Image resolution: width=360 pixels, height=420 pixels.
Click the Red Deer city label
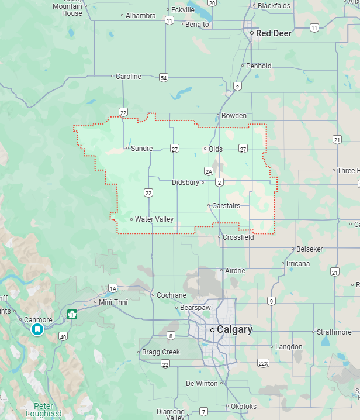[274, 33]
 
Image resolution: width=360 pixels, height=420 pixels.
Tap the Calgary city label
[234, 330]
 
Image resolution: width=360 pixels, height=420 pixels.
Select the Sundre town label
[141, 149]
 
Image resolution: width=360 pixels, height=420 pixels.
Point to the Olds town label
[216, 149]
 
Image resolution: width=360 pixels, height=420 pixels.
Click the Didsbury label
[185, 183]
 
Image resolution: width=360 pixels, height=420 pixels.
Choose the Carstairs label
[226, 205]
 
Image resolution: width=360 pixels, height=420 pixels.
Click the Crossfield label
[238, 237]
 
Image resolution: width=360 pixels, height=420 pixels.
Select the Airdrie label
[236, 271]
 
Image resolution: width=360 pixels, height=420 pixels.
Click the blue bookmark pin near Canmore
[37, 330]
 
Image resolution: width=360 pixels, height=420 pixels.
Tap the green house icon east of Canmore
[72, 314]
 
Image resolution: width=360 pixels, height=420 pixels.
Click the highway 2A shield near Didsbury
[209, 171]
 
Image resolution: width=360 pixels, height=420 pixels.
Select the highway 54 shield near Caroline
[164, 78]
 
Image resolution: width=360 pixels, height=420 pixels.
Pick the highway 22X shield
[263, 363]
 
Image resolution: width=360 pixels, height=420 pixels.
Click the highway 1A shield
[113, 288]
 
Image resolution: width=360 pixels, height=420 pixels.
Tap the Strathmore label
[334, 332]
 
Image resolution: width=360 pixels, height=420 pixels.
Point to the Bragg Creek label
[161, 352]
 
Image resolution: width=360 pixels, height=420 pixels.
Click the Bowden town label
[234, 116]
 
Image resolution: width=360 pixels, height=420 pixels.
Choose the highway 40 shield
[63, 336]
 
